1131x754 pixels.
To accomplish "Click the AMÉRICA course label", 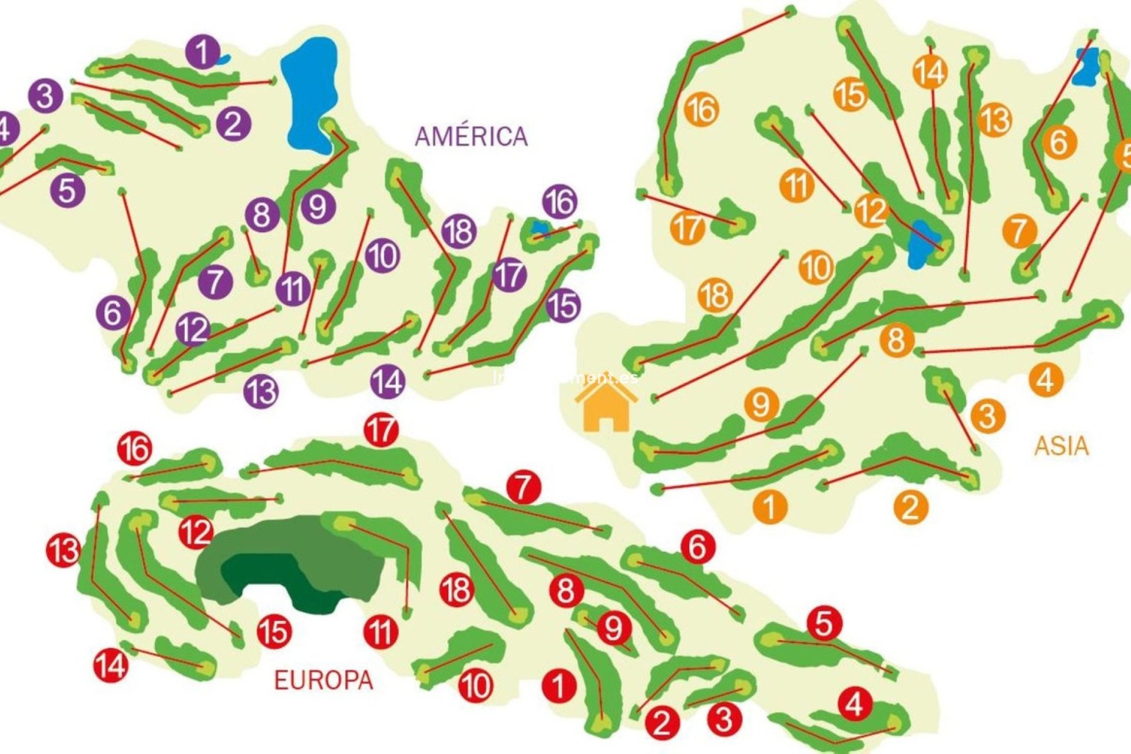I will click(471, 137).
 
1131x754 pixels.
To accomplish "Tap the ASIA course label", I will click(1061, 446).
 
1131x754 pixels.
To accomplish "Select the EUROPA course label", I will click(323, 680).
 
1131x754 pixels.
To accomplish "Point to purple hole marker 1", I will click(203, 52).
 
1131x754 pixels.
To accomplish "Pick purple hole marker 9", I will click(318, 207).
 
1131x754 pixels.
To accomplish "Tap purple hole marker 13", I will click(261, 391).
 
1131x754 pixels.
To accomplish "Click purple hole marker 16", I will click(560, 202).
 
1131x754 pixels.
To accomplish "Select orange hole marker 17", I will click(687, 227).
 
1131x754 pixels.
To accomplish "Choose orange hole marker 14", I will click(930, 72).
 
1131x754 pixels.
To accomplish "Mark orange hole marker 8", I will click(897, 340).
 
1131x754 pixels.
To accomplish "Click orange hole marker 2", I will click(911, 507).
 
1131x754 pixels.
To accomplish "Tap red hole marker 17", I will click(381, 430).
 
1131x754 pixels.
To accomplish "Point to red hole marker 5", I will click(824, 623).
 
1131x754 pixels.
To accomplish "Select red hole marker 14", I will click(111, 665).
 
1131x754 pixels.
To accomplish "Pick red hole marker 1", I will click(558, 686).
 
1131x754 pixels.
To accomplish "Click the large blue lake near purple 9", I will click(309, 94).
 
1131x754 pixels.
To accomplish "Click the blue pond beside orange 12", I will click(919, 244).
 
